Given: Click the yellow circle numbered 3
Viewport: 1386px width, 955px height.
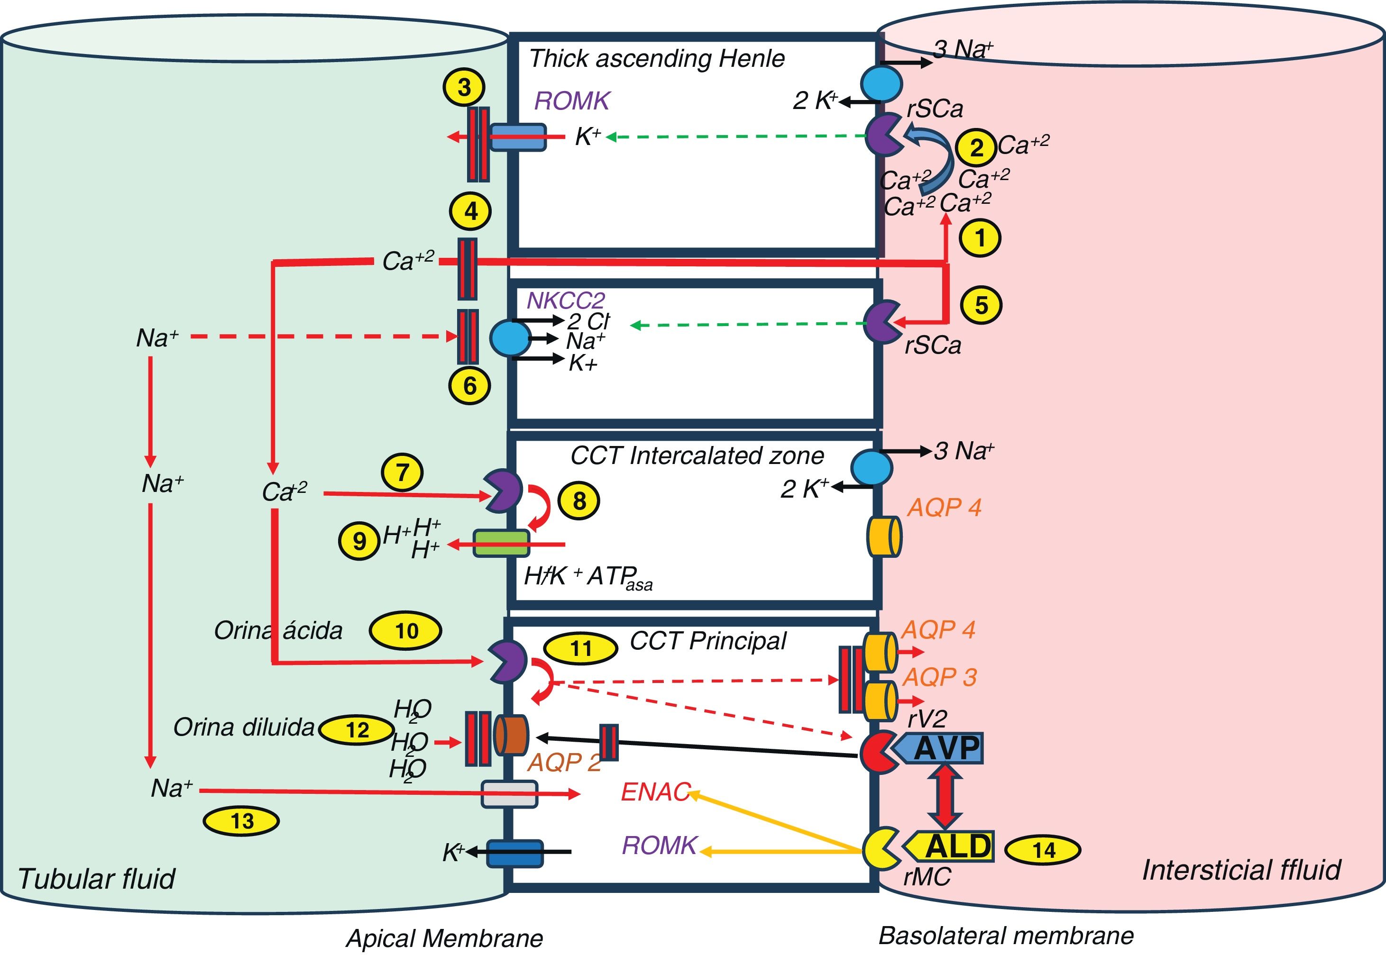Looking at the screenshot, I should (x=464, y=87).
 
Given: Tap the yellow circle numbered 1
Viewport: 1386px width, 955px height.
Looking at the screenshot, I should (x=980, y=238).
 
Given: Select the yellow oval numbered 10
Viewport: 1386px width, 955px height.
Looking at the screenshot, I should (x=405, y=631).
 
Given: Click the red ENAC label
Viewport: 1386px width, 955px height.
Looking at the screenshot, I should (x=656, y=792).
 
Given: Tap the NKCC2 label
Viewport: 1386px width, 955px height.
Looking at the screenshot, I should (x=566, y=300).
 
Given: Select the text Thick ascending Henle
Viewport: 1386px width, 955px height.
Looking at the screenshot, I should (x=657, y=59).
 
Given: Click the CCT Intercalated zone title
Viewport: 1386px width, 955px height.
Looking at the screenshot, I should (x=697, y=456).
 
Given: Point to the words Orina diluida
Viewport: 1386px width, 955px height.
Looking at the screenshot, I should (x=244, y=727).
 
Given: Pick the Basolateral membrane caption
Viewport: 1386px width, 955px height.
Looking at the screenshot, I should (x=1006, y=935).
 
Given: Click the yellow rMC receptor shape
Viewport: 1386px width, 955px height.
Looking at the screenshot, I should (x=879, y=848).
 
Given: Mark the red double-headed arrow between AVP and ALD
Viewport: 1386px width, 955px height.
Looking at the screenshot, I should (x=945, y=796).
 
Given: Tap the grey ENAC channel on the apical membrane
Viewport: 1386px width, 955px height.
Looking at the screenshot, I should (x=510, y=794).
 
